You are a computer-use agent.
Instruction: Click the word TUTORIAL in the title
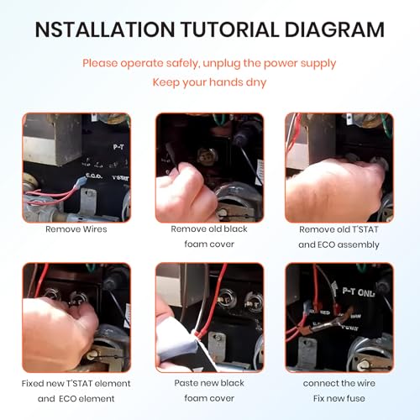(229, 29)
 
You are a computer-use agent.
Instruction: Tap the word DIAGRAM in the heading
(334, 29)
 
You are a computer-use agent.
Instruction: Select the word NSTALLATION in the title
(105, 29)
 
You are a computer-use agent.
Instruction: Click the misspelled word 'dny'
(256, 83)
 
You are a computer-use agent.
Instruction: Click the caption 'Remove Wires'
(76, 229)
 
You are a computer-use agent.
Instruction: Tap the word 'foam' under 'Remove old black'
(196, 244)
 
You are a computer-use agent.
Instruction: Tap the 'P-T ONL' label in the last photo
(358, 292)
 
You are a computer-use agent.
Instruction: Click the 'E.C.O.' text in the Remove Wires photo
(94, 176)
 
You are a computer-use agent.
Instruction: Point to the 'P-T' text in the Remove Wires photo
(118, 147)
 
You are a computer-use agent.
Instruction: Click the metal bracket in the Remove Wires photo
(88, 202)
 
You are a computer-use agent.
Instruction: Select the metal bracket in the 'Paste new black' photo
(217, 347)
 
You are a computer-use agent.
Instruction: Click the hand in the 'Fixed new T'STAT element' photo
(56, 333)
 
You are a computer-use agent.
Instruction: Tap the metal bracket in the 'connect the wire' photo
(307, 351)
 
